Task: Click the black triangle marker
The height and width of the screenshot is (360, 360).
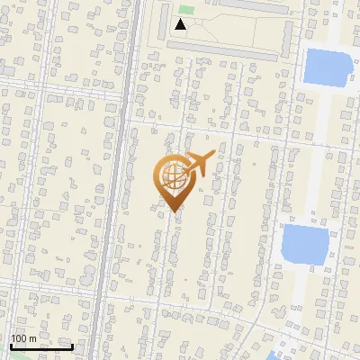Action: [x=181, y=24]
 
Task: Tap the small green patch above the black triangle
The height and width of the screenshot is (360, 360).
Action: [x=184, y=10]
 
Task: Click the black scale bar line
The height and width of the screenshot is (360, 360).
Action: [x=40, y=346]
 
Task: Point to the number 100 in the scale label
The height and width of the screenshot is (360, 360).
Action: [x=20, y=338]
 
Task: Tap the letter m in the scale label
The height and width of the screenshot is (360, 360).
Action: [x=32, y=338]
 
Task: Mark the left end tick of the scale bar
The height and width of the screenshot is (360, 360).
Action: [x=10, y=346]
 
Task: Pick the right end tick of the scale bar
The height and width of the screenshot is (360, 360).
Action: [x=72, y=346]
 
